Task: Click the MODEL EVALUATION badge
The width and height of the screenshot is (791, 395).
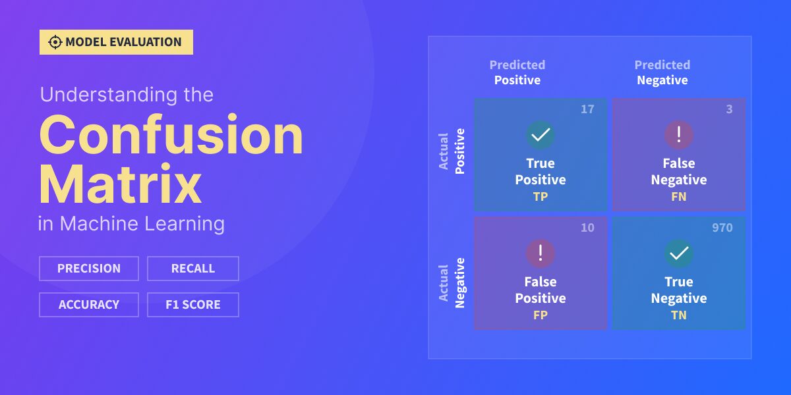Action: pyautogui.click(x=116, y=42)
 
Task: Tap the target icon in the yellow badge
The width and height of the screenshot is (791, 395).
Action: pyautogui.click(x=55, y=42)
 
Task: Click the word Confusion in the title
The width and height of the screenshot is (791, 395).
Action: pyautogui.click(x=171, y=135)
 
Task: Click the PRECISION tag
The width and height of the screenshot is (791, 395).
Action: pyautogui.click(x=89, y=269)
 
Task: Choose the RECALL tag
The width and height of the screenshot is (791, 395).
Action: pyautogui.click(x=192, y=269)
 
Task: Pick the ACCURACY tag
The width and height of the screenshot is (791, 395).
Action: pyautogui.click(x=89, y=305)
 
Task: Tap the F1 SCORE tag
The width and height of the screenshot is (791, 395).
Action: pyautogui.click(x=192, y=305)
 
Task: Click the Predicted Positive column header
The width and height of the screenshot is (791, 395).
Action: pyautogui.click(x=517, y=72)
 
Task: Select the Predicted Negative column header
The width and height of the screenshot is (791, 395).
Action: pyautogui.click(x=662, y=72)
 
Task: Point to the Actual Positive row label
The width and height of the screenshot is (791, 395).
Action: pyautogui.click(x=452, y=151)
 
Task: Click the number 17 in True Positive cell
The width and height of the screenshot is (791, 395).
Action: pyautogui.click(x=587, y=109)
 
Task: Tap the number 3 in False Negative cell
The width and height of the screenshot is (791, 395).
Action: pyautogui.click(x=729, y=109)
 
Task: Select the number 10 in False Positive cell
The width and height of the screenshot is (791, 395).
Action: pyautogui.click(x=587, y=228)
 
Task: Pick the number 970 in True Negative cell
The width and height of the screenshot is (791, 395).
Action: pyautogui.click(x=722, y=228)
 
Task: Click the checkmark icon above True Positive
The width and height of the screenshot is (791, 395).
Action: pyautogui.click(x=541, y=135)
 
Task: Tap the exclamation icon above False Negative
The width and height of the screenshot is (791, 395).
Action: pyautogui.click(x=678, y=135)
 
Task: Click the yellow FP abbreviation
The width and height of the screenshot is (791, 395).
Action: pyautogui.click(x=541, y=315)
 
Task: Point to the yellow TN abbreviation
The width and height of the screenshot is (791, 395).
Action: pyautogui.click(x=678, y=315)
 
